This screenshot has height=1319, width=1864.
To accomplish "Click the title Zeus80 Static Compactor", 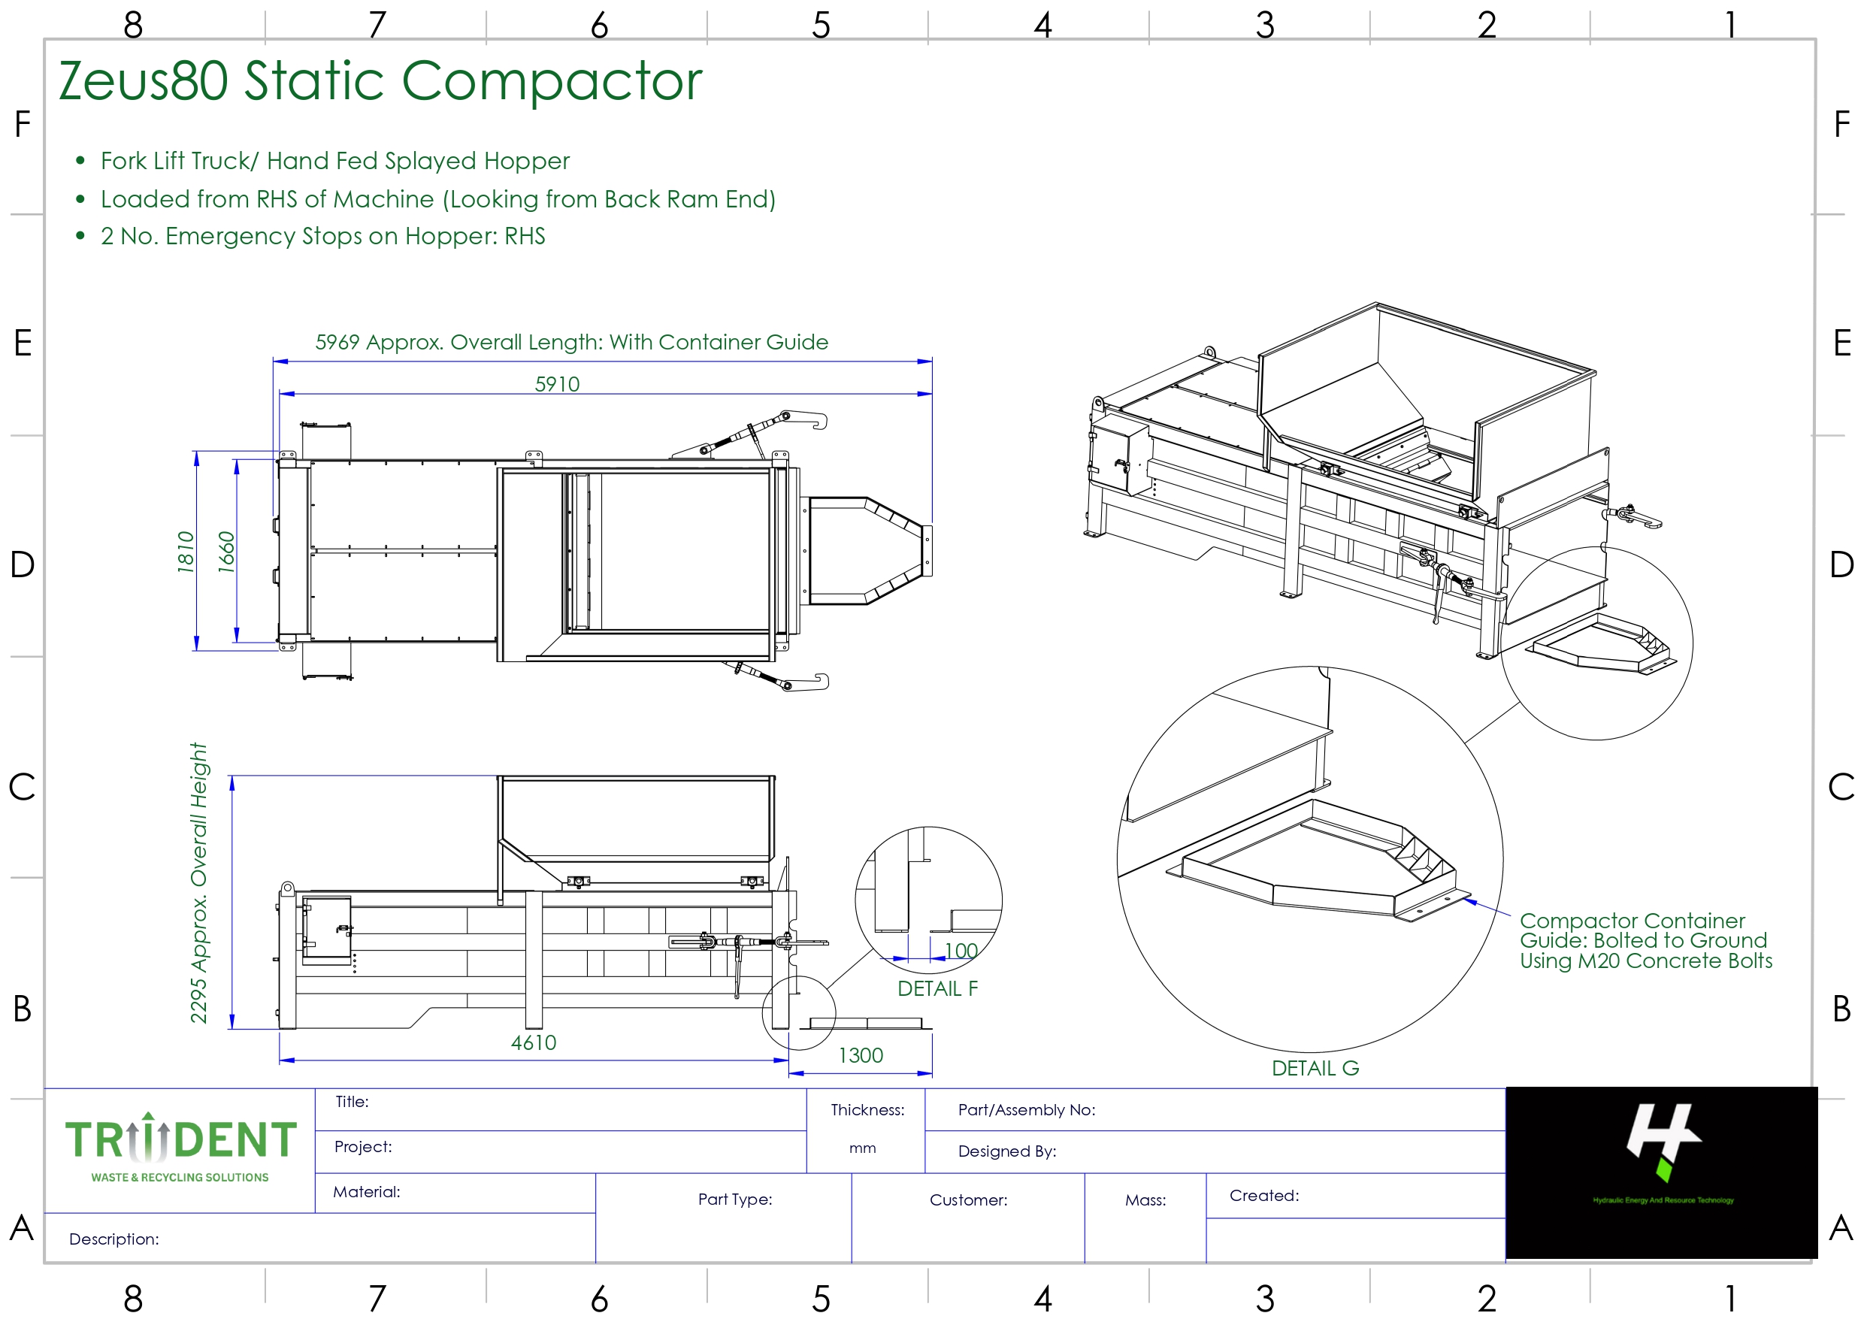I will (x=380, y=81).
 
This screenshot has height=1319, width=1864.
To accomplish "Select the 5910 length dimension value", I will (x=557, y=384).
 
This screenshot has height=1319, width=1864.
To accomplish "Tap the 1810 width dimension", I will (x=186, y=552).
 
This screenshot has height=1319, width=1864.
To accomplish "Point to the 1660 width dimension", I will (x=226, y=552).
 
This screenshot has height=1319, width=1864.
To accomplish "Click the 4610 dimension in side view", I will (x=534, y=1043).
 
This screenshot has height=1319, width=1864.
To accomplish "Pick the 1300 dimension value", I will (x=860, y=1056).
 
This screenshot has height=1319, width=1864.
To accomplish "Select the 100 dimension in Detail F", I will (x=961, y=950).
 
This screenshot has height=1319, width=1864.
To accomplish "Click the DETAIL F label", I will (x=937, y=988).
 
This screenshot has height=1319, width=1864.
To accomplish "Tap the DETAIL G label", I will (x=1315, y=1068).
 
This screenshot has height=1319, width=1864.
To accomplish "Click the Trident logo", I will (x=180, y=1148).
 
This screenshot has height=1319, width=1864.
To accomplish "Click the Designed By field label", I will (x=1006, y=1151).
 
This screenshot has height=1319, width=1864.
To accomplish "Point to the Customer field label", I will (x=968, y=1200).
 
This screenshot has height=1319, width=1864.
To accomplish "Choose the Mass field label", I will (x=1145, y=1200).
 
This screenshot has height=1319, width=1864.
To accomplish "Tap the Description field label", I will (x=113, y=1239).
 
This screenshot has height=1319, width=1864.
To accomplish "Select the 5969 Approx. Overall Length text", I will (x=571, y=342).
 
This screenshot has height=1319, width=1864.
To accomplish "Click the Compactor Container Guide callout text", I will (x=1645, y=940).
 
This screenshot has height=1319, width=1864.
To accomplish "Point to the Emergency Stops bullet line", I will (x=322, y=236).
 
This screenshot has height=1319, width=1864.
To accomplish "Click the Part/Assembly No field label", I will (x=1027, y=1110).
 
